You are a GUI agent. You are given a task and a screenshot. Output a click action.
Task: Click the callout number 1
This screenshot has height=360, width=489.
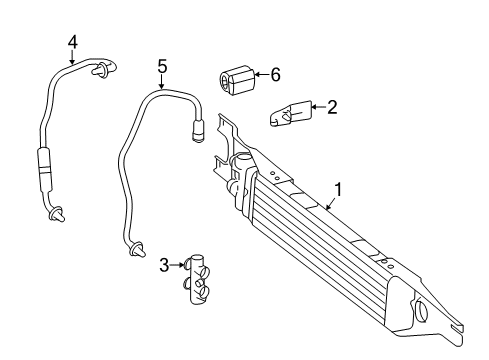click(x=338, y=190)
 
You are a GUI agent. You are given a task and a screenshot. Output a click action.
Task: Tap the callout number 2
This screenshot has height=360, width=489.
click(x=332, y=107)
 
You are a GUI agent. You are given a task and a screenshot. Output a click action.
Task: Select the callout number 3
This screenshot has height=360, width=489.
click(x=164, y=265)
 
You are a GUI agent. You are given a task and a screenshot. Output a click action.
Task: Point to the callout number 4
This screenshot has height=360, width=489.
click(x=73, y=42)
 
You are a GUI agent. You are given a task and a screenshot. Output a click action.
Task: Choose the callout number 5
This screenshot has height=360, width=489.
click(x=162, y=66)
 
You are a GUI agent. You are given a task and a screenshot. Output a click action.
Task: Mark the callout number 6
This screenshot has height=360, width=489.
click(x=275, y=74)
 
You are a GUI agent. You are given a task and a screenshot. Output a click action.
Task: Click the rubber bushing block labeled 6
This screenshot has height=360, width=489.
click(x=238, y=80)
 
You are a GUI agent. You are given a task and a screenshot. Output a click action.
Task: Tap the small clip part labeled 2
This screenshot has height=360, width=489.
click(x=290, y=113)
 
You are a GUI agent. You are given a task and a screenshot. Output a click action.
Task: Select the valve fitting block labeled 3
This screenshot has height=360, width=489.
click(x=197, y=279)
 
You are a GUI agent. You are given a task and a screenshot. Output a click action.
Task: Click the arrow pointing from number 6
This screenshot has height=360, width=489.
click(x=262, y=74)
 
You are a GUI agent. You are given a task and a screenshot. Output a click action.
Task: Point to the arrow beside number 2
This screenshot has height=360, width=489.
click(x=318, y=107)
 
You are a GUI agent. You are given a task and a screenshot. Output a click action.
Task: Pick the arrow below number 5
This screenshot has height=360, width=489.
click(x=162, y=82)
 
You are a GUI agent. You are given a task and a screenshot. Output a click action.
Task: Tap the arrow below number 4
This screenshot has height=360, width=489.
click(x=72, y=57)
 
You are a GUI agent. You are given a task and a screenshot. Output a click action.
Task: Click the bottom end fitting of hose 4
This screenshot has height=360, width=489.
click(x=57, y=214)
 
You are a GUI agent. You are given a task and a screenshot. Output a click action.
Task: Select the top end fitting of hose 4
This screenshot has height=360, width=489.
click(x=103, y=68)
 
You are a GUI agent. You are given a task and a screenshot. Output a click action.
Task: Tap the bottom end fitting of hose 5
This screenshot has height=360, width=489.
click(x=137, y=250)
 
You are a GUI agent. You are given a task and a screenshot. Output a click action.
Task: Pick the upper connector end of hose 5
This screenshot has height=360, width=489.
click(x=199, y=131)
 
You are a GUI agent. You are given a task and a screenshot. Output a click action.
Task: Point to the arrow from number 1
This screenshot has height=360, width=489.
click(x=331, y=204)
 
